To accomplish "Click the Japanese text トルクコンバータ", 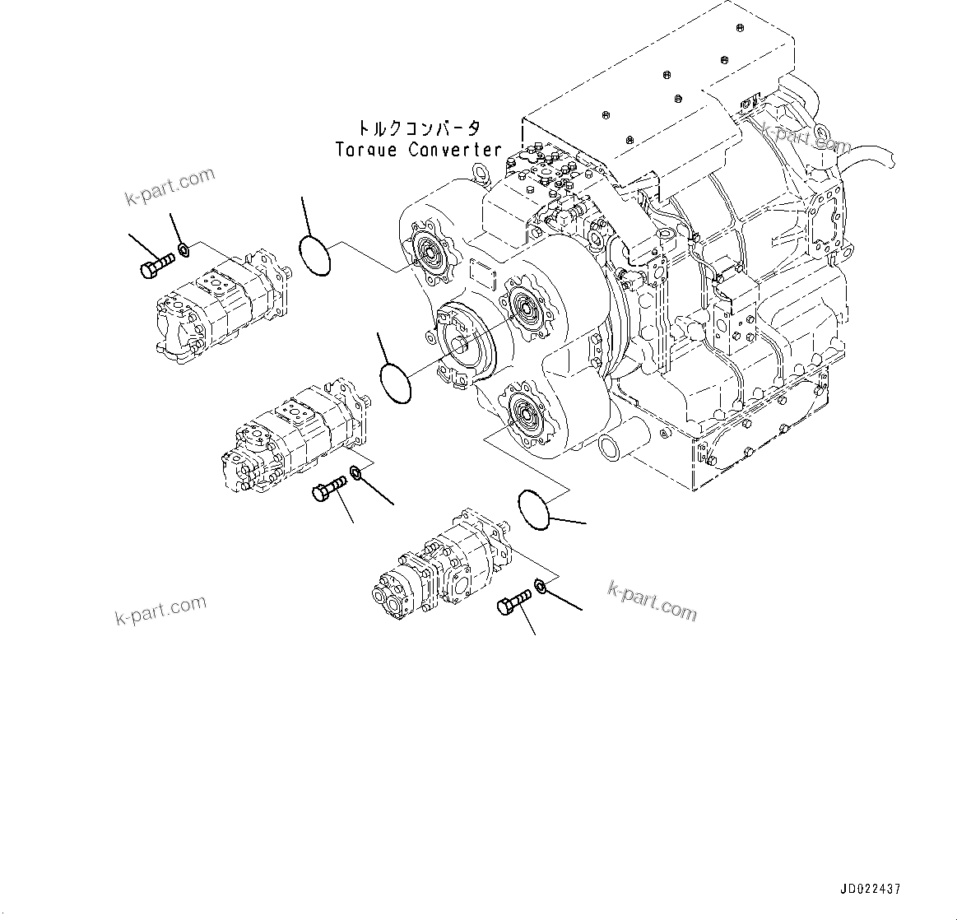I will click(418, 129).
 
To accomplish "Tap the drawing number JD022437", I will click(870, 890).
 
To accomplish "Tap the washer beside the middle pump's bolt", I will click(355, 472).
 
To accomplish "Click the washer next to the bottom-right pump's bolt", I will click(541, 587).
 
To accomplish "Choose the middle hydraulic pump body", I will click(295, 437).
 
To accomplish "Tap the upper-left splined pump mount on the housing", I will click(428, 246).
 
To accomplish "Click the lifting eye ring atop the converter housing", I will click(480, 171).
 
